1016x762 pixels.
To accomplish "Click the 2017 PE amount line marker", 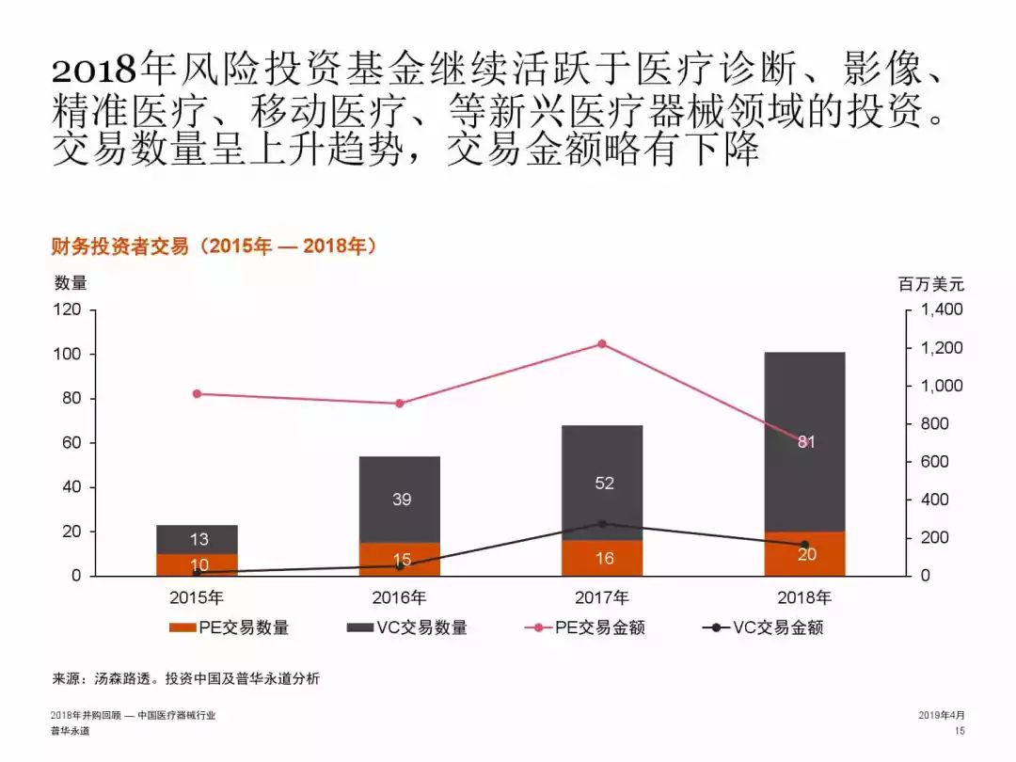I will [602, 344].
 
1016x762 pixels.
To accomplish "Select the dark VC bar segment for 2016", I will [400, 500].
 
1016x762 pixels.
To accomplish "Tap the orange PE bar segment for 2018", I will [805, 554].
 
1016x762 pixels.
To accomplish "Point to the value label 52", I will [604, 484].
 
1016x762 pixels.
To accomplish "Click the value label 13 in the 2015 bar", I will [198, 539].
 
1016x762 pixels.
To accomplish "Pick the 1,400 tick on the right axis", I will [942, 310].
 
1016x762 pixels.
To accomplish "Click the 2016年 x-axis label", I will [399, 597].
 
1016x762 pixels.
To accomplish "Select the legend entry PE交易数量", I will [230, 628].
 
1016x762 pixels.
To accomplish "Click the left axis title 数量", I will [71, 283].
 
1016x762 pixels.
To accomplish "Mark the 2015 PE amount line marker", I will [197, 394].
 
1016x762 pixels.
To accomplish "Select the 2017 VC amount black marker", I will [602, 524].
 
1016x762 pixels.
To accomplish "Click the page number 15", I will [960, 731].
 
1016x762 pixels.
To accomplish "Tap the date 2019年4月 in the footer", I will [941, 715].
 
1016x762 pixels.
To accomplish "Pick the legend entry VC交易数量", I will [407, 628].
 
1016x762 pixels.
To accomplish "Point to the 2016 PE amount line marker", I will [400, 404].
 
